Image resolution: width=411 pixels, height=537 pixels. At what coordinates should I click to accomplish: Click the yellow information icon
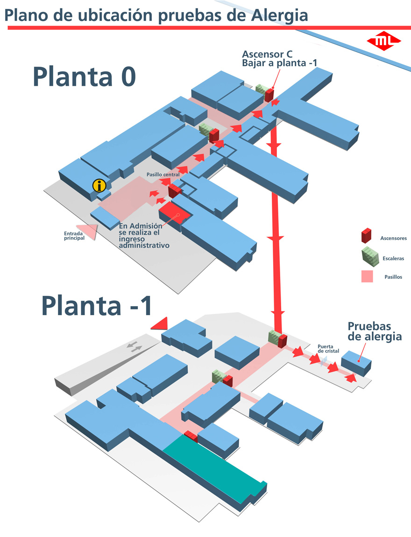click(99, 185)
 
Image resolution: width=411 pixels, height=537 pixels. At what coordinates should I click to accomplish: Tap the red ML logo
click(384, 41)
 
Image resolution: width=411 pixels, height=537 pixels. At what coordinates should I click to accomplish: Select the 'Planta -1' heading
click(97, 305)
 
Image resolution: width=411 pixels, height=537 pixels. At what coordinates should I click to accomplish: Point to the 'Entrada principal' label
click(74, 236)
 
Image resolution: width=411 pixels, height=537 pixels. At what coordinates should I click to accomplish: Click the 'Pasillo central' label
click(163, 175)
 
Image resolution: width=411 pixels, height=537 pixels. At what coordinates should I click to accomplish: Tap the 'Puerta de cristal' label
click(328, 349)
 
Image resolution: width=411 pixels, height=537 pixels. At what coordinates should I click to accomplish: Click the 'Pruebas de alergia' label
click(375, 331)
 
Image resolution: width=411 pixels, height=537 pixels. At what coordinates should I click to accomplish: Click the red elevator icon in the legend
click(366, 235)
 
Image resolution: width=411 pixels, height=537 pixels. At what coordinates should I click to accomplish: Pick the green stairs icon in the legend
click(369, 255)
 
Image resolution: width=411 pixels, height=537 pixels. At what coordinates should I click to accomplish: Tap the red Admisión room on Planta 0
click(175, 213)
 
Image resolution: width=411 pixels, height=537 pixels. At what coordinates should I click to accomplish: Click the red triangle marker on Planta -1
click(160, 323)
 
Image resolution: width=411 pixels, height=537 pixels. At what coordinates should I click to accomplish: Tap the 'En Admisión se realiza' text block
click(144, 235)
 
